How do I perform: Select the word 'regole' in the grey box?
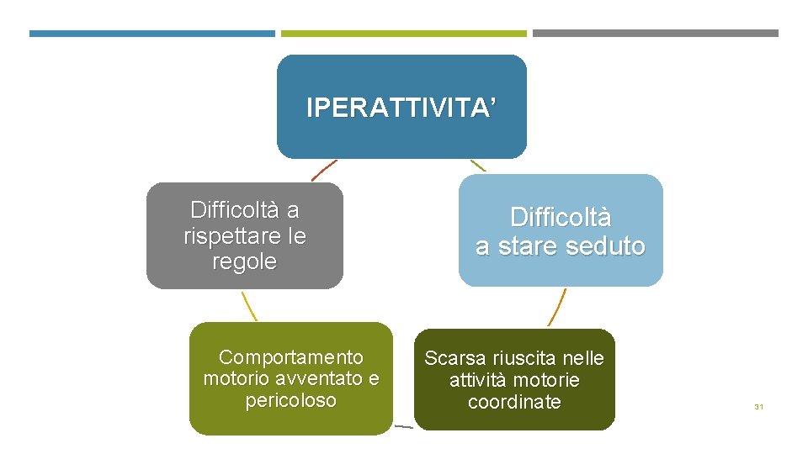coord(245,262)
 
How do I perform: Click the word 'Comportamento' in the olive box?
coord(291,357)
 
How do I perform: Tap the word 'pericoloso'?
coord(291,400)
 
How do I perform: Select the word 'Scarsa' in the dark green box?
coord(451,358)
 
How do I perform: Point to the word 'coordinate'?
coord(514,402)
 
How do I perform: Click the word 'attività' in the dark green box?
coord(479,380)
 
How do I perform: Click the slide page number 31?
coord(758,407)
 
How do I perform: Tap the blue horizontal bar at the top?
coord(152,34)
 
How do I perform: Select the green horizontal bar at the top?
coord(403,34)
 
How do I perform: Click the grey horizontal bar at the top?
coord(656,34)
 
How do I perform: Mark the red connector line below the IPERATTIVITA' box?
coord(324,171)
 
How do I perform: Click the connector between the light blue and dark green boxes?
coord(557,307)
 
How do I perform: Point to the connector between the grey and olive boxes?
coord(248,305)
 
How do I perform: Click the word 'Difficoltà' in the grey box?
coord(245,209)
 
